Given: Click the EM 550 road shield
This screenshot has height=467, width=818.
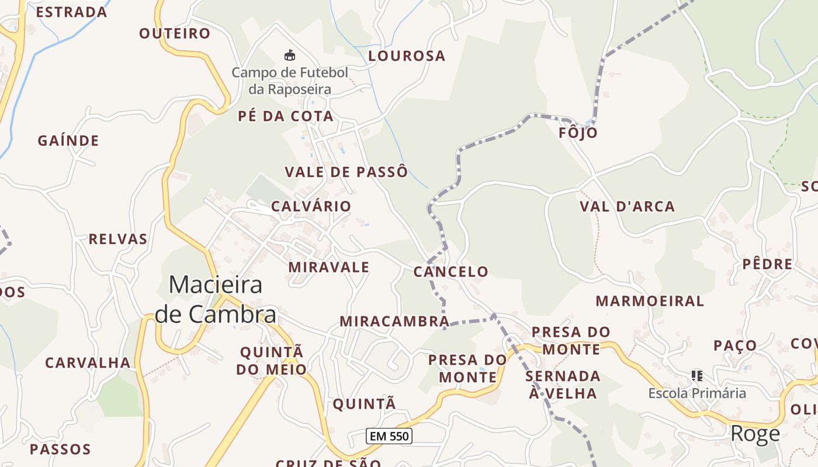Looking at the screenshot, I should click(389, 435).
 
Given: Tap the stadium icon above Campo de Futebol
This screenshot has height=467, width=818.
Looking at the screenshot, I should click(289, 56).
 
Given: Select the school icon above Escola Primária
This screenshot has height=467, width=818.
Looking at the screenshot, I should click(696, 375).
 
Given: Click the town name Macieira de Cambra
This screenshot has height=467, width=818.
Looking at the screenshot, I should click(216, 299).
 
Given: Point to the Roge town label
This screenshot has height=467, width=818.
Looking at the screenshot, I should click(755, 434).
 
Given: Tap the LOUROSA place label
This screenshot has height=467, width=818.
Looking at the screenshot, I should click(407, 56).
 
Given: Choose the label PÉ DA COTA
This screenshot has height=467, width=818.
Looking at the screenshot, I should click(285, 116).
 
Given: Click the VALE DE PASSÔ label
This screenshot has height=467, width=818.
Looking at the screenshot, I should click(346, 172).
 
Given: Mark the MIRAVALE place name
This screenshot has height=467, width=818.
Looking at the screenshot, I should click(328, 267).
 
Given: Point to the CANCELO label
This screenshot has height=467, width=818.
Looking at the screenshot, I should click(450, 271).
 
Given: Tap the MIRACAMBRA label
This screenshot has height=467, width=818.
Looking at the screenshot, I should click(394, 321).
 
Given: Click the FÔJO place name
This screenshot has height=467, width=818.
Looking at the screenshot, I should click(578, 133).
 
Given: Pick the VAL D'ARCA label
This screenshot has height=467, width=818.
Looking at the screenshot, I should click(627, 206).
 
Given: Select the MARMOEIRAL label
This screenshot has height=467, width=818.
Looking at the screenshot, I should click(650, 301).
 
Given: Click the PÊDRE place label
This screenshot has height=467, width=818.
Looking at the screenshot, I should click(767, 264).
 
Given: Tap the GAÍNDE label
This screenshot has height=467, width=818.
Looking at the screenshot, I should click(68, 141).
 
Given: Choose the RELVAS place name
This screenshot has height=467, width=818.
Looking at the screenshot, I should click(118, 239).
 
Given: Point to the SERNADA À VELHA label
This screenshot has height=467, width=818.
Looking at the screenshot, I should click(563, 384).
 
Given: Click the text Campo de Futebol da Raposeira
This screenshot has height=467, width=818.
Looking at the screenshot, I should click(290, 81).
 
